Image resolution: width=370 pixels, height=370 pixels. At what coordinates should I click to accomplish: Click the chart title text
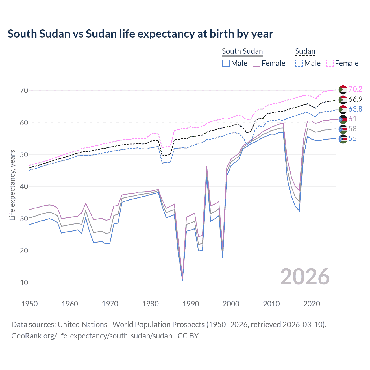pyautogui.click(x=140, y=34)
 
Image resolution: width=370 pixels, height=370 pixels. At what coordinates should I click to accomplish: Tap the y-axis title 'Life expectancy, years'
pyautogui.click(x=12, y=185)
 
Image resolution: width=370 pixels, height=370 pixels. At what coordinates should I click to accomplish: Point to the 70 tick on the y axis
pyautogui.click(x=24, y=90)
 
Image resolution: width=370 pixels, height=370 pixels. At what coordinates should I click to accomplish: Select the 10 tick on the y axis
pyautogui.click(x=24, y=283)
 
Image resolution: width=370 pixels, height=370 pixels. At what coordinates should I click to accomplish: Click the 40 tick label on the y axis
pyautogui.click(x=24, y=186)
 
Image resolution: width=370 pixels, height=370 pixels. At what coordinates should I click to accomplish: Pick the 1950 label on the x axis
pyautogui.click(x=29, y=304)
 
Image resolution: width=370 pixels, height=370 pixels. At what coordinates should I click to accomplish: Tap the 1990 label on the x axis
pyautogui.click(x=191, y=304)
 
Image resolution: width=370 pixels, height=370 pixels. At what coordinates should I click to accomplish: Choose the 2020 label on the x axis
pyautogui.click(x=312, y=304)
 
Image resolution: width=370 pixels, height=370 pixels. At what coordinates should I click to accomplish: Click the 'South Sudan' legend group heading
pyautogui.click(x=242, y=51)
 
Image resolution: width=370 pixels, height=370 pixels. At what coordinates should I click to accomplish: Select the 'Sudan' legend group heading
pyautogui.click(x=305, y=51)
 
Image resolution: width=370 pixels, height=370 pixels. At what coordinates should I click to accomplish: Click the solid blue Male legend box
pyautogui.click(x=226, y=63)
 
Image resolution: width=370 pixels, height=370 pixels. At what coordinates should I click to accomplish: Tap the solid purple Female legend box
pyautogui.click(x=256, y=63)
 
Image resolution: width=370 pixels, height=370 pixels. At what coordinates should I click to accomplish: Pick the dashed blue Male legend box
pyautogui.click(x=299, y=63)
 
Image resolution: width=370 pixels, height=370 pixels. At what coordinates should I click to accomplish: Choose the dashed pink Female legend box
pyautogui.click(x=330, y=63)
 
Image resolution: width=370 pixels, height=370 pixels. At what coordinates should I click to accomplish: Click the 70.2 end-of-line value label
pyautogui.click(x=355, y=89)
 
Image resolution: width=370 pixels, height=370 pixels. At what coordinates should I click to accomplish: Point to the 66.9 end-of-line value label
pyautogui.click(x=355, y=99)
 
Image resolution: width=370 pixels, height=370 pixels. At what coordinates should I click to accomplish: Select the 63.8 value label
pyautogui.click(x=355, y=109)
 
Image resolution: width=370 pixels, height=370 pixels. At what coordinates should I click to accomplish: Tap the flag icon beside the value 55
pyautogui.click(x=343, y=139)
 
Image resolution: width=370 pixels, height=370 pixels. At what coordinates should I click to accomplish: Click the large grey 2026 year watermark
pyautogui.click(x=305, y=277)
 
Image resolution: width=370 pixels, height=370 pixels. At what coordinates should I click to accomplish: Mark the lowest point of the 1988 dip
pyautogui.click(x=182, y=280)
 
